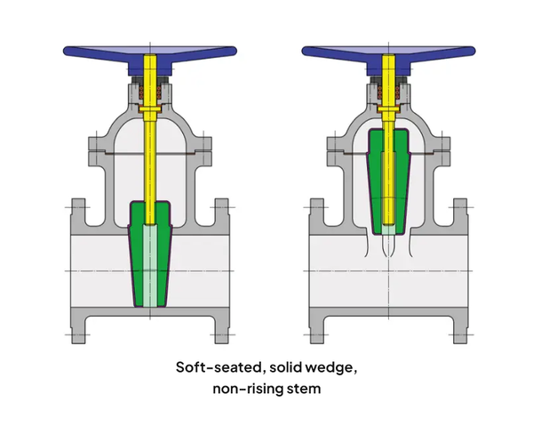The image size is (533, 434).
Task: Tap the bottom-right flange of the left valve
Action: tap(222, 326)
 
